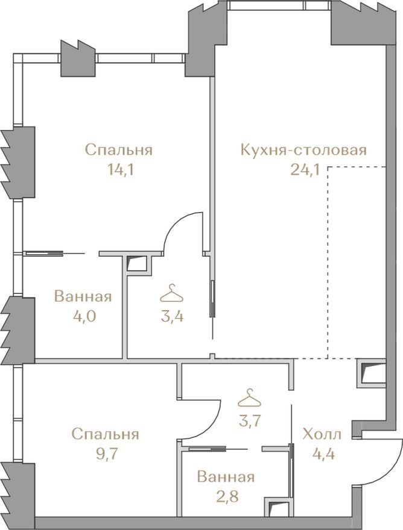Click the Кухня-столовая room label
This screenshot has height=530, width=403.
click(303, 150)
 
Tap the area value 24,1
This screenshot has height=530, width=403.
click(305, 170)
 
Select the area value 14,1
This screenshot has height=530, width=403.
click(120, 170)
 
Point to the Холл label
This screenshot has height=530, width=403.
click(322, 434)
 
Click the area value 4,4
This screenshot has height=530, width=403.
click(323, 454)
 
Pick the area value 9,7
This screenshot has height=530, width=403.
click(106, 454)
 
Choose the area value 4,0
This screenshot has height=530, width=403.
click(84, 317)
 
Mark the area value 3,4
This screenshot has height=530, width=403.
click(172, 317)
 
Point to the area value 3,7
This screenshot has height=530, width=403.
click(250, 421)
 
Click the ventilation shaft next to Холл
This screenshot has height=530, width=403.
click(372, 373)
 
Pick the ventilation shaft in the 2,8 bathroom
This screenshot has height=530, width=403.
click(278, 507)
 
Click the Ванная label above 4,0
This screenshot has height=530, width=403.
click(83, 297)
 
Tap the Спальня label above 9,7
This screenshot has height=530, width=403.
click(106, 434)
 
